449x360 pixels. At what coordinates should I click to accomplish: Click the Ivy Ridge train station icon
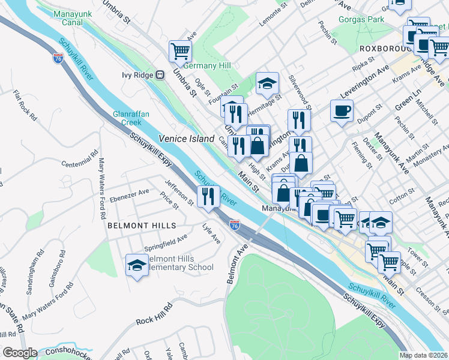160,75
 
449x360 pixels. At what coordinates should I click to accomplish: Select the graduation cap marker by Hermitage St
267,83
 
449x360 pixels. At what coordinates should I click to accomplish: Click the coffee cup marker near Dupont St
342,110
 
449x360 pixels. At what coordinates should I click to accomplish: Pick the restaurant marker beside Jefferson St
208,196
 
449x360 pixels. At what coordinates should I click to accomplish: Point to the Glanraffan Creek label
127,118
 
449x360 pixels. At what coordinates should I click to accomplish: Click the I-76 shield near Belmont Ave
235,225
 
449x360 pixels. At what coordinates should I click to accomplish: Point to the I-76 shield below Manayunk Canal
58,59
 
